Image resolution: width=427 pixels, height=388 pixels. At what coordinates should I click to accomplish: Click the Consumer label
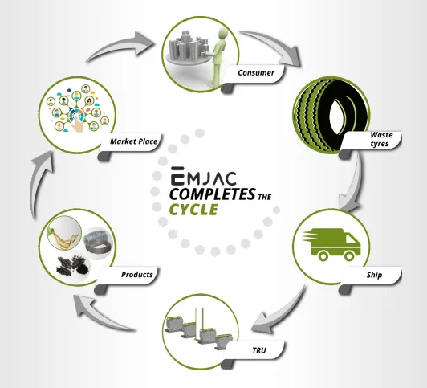[x=256, y=73]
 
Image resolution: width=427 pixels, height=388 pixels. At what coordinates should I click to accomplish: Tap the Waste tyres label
[x=381, y=139]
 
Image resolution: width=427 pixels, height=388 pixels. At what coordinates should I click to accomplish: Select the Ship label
[x=374, y=275]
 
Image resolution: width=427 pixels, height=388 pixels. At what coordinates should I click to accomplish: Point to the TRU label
[x=259, y=350]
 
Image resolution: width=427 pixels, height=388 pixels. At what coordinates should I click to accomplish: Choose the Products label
[x=137, y=275]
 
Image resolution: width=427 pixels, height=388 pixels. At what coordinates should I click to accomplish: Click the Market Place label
[x=134, y=141]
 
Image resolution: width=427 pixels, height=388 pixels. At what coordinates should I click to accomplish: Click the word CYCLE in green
[x=193, y=210]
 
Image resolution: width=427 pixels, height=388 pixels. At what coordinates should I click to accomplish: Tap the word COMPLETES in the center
[x=213, y=194]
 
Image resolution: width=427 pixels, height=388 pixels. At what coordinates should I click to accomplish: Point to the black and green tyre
[x=331, y=115]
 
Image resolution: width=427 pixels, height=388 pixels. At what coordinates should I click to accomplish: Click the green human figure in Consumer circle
[x=218, y=56]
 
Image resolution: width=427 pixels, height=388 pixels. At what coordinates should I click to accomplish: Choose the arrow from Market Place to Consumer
[x=120, y=47]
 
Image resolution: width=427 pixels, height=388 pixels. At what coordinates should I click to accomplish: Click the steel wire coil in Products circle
[x=97, y=241]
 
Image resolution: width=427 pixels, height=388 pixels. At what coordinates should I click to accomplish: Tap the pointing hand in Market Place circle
[x=77, y=123]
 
